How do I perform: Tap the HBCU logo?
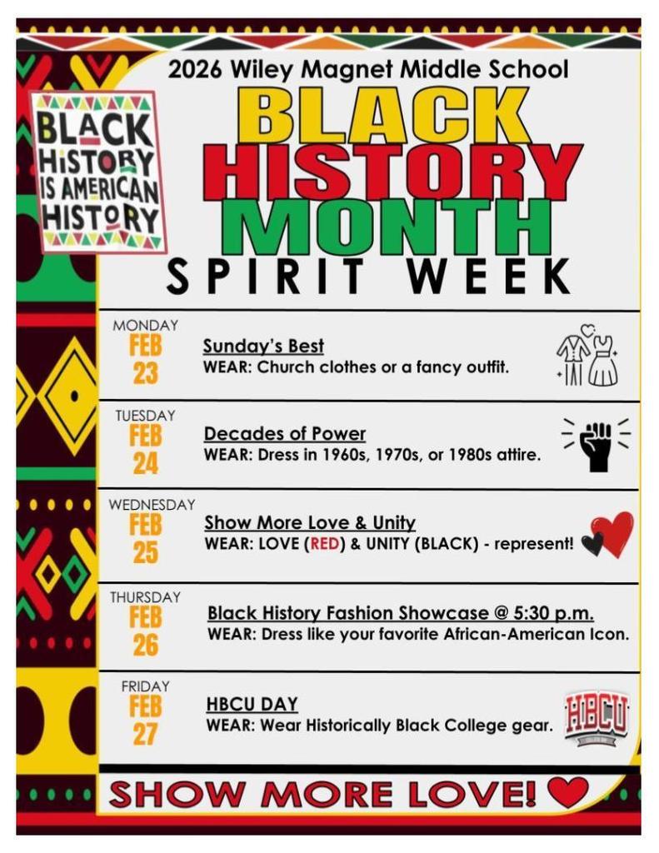(x=596, y=717)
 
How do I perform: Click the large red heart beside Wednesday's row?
(x=614, y=534)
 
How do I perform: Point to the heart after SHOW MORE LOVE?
(x=568, y=791)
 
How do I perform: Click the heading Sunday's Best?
(x=263, y=346)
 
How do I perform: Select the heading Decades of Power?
(x=285, y=434)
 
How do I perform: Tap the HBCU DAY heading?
(x=252, y=705)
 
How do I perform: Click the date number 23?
(x=145, y=374)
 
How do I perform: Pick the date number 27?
(x=145, y=734)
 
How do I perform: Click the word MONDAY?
(x=145, y=325)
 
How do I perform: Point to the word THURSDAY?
(x=145, y=597)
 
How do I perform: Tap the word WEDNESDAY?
(x=152, y=505)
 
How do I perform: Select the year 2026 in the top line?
(x=195, y=71)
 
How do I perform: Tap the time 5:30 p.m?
(x=550, y=613)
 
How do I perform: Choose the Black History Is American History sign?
(x=97, y=172)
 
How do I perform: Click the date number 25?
(x=145, y=553)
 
